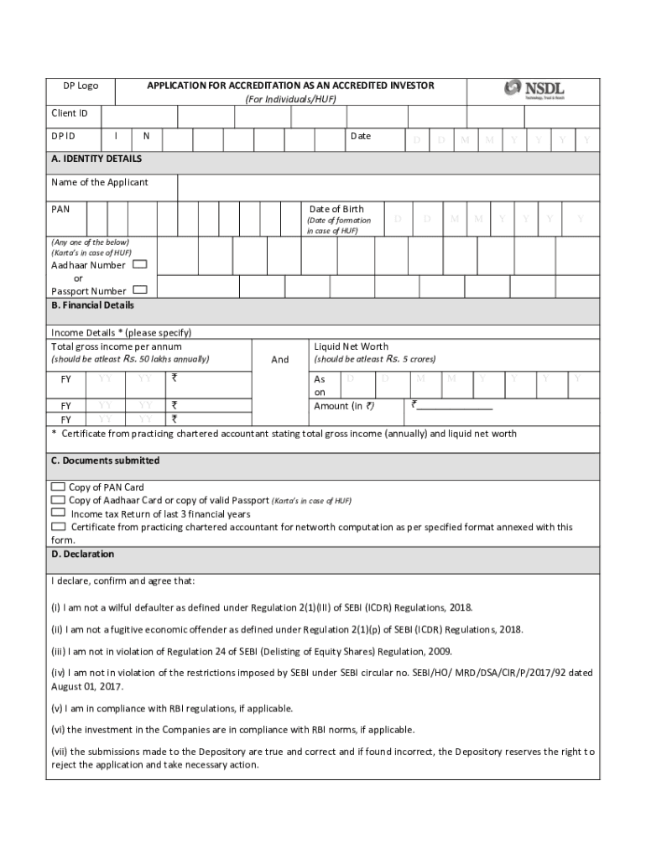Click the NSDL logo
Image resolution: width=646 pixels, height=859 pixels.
(x=534, y=90)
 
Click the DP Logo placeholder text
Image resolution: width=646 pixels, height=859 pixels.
(x=81, y=86)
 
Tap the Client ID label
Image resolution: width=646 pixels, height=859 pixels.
(x=70, y=113)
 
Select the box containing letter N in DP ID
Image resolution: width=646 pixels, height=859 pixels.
(x=146, y=136)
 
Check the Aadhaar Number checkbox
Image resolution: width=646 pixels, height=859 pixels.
(x=140, y=264)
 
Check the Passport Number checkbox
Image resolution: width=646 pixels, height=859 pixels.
(x=140, y=290)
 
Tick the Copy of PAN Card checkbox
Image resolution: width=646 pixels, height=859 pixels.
(x=58, y=487)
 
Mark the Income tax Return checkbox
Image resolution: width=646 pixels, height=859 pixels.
(x=58, y=513)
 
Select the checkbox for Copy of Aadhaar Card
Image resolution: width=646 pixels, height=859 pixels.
(x=58, y=500)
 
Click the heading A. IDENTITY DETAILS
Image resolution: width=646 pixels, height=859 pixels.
(x=96, y=159)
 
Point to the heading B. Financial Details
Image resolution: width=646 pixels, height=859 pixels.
(x=92, y=305)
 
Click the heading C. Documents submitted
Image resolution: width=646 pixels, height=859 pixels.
(x=105, y=461)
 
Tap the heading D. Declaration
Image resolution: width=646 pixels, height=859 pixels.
(x=82, y=554)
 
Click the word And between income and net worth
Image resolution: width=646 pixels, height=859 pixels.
(x=280, y=359)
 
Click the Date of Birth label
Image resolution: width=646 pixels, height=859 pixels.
(x=336, y=209)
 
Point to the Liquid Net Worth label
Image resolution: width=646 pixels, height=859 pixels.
(x=351, y=346)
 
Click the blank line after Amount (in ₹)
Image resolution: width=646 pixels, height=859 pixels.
(x=454, y=407)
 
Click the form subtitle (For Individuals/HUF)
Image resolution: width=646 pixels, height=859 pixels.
(x=290, y=100)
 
